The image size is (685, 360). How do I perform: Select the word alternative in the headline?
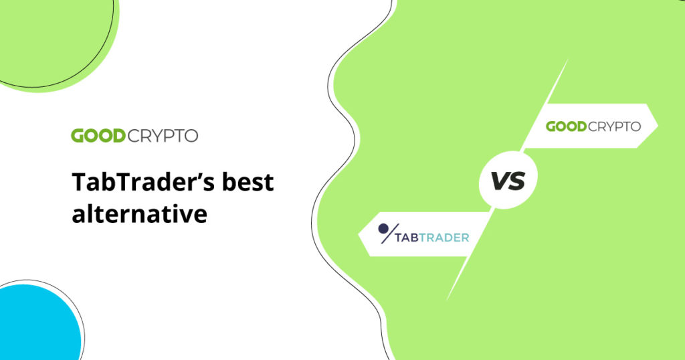139,214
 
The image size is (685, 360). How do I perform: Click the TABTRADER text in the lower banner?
431,237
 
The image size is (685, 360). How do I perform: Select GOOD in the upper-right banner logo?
567,126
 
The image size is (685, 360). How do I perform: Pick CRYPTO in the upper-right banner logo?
615,126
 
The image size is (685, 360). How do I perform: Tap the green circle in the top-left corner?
54,37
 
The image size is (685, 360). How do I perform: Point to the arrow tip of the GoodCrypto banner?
656,125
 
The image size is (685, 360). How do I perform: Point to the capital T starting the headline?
79,183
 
